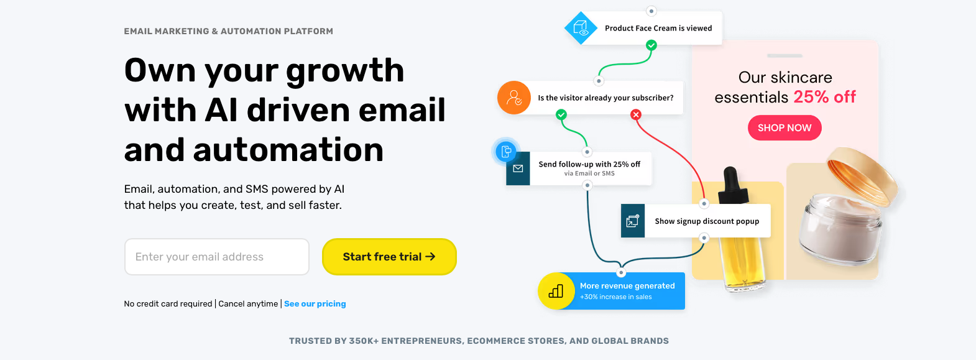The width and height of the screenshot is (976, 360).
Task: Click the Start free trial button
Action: pos(389,257)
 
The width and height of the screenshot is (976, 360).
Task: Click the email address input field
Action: pos(216,257)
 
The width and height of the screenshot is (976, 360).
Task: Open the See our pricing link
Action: pos(315,304)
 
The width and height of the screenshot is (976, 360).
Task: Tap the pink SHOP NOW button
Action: pos(785,127)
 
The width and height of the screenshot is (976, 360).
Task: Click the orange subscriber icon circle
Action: pos(514,98)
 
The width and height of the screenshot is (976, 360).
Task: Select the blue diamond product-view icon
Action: pos(581,28)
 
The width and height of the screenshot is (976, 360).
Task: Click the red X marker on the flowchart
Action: pos(636,114)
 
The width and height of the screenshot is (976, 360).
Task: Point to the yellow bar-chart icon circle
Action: pos(556,291)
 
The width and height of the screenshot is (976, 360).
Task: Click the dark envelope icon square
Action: pos(518,168)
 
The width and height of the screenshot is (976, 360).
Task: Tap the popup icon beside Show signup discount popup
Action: pos(633,221)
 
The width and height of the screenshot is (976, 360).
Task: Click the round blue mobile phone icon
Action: pos(506,151)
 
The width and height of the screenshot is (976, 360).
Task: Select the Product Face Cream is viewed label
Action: pos(658,29)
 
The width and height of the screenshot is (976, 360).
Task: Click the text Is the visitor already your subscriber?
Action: pos(605,98)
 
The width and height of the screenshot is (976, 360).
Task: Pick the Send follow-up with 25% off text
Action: pos(589,164)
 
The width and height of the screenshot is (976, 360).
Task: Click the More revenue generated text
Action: pos(627,286)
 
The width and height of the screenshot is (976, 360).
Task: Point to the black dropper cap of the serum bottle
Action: pos(733,185)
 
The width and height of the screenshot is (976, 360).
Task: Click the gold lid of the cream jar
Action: pos(862,177)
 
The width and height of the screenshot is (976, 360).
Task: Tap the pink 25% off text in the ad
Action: pos(824,97)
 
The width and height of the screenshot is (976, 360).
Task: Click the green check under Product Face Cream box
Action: pos(651,45)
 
